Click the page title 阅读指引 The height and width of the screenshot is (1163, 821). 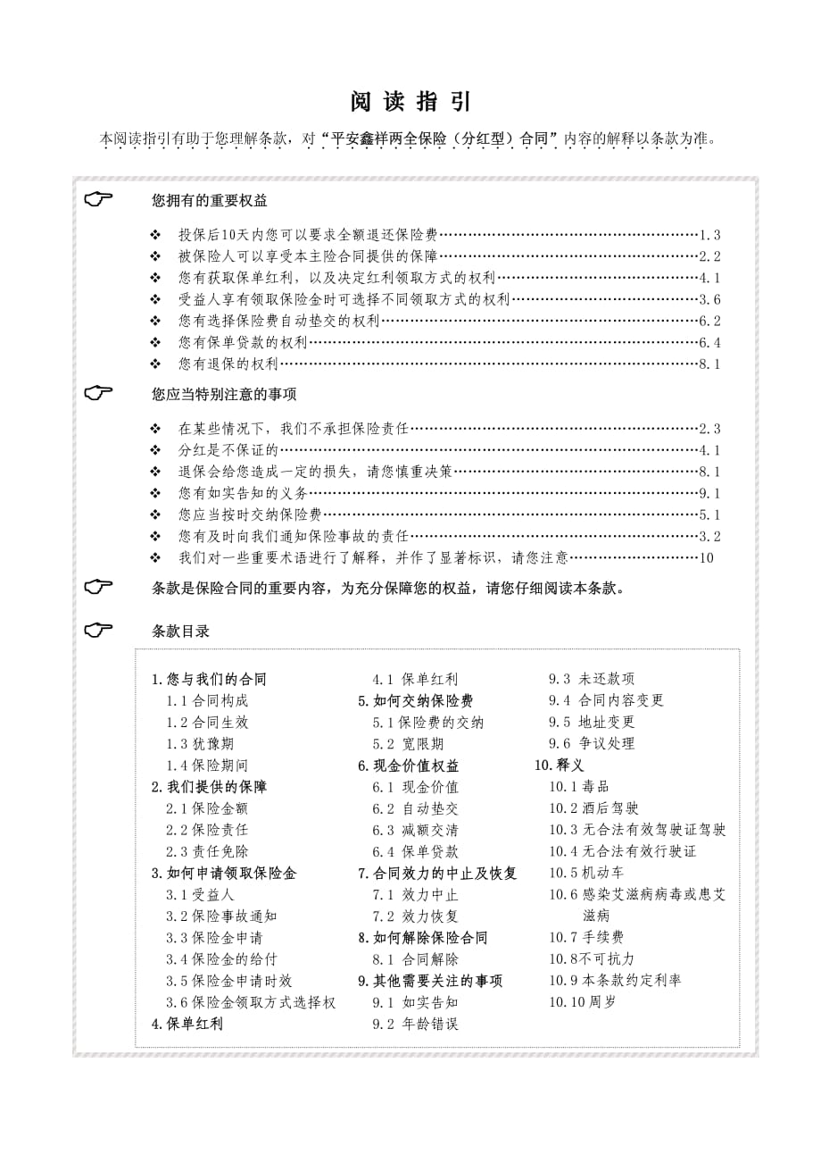coord(410,102)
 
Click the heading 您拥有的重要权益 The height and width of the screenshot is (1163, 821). coord(210,200)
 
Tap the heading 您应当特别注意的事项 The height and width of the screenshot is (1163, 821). coord(224,393)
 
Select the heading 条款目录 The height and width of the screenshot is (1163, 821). coord(181,631)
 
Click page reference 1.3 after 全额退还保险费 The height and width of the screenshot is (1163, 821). coord(709,235)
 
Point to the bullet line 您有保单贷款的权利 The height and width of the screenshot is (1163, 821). coord(243,342)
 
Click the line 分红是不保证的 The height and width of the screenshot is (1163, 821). coord(228,450)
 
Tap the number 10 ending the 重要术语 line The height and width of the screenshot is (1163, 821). coord(707,557)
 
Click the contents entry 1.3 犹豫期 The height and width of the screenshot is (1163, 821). coord(200,744)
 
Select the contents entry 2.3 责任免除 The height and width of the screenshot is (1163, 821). coord(207,851)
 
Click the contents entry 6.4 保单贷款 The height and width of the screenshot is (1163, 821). coord(416,851)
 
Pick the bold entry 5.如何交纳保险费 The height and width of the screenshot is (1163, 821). coord(416,701)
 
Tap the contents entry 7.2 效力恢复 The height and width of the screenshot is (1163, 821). coord(416,916)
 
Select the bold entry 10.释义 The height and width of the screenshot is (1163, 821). coord(560,765)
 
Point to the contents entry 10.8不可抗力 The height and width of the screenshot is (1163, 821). coord(592,958)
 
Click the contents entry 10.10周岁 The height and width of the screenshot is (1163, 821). coord(582,1001)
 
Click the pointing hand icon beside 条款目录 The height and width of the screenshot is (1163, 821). coord(99,630)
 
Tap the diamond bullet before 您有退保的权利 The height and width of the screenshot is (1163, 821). coord(155,364)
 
